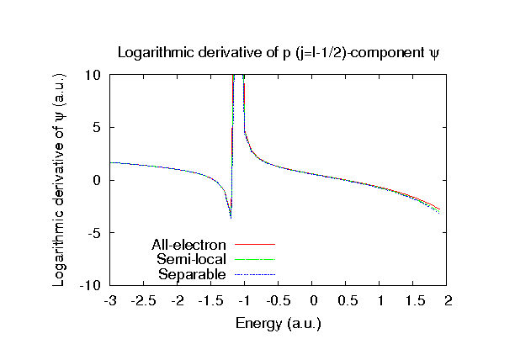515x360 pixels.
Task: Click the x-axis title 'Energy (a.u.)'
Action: [279, 323]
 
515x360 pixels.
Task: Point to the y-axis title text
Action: [60, 180]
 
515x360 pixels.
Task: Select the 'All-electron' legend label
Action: [189, 245]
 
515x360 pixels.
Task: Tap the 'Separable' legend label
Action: [192, 274]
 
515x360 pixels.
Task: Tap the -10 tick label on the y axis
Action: [92, 286]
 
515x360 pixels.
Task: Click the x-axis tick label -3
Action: [110, 300]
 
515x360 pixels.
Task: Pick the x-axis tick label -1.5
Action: [211, 300]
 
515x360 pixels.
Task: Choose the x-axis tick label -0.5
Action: [279, 300]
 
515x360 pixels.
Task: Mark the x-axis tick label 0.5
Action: [347, 300]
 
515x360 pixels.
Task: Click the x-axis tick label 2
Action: [449, 300]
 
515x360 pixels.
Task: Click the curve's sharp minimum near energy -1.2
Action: [231, 217]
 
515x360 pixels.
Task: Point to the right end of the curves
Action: [439, 210]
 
